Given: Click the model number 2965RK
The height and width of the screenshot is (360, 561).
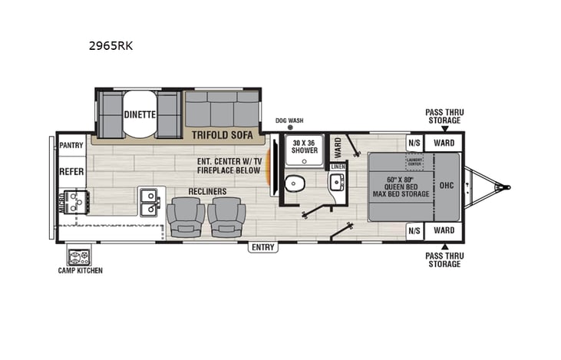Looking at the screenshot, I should coord(111,45).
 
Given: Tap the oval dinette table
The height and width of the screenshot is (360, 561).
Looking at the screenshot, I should coord(139,114).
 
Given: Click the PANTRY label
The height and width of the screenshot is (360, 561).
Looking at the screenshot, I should coord(71,144).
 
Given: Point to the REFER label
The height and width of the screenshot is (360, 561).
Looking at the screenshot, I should coord(71,171).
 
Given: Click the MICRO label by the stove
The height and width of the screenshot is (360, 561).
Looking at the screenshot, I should coord(61,201).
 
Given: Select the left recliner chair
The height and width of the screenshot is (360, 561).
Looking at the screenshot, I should coord(186,216).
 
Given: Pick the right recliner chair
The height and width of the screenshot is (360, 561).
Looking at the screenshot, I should coord(226,216).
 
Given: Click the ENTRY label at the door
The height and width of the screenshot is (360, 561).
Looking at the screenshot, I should coord(262,247).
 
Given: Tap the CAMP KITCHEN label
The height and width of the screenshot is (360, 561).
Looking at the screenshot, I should coord(80,270).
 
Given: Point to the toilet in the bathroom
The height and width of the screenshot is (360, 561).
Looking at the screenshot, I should coord(295,184).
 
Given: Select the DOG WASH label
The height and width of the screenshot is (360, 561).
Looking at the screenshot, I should coord(289,121).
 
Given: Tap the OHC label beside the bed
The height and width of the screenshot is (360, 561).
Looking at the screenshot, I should coord(447,185).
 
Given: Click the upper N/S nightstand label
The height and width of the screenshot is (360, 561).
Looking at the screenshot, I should coord(414,143).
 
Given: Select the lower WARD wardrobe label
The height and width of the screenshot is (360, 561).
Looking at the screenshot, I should coord(444,230).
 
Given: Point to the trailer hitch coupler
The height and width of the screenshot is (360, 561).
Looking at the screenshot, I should coord(503,187).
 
